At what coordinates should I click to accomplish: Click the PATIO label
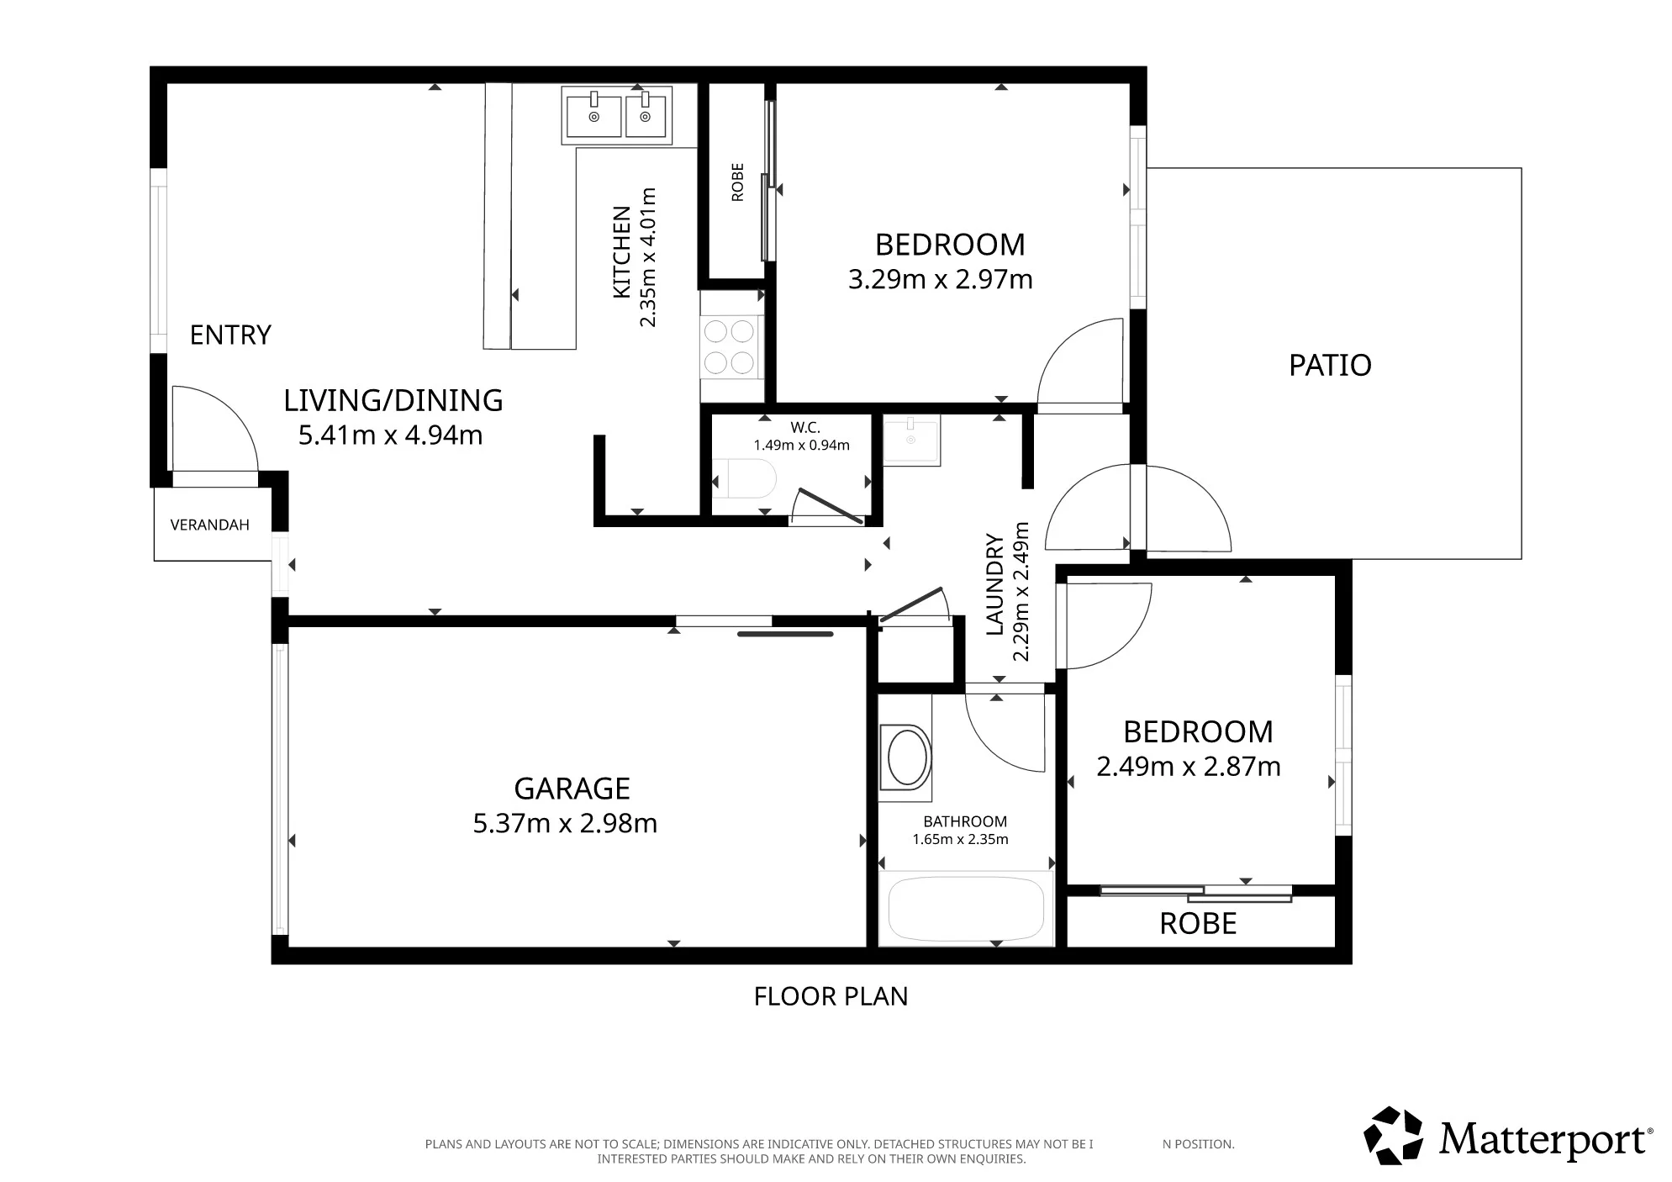coord(1330,365)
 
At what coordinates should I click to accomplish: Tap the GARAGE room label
coord(572,789)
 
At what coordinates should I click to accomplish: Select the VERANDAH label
coord(210,525)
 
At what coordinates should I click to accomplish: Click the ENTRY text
coord(230,335)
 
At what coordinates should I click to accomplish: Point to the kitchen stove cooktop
coord(730,346)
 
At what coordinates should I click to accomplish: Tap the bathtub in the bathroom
coord(966,909)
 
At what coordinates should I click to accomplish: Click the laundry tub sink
coord(911,440)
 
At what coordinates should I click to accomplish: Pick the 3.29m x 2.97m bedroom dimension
coord(940,279)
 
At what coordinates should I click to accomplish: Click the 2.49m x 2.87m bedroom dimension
coord(1189,767)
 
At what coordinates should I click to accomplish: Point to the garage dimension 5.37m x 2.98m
coord(565,823)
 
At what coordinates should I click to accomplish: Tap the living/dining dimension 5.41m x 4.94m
coord(391,435)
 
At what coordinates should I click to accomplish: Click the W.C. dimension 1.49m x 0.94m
coord(801,446)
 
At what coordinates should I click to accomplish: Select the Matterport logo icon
coord(1393,1136)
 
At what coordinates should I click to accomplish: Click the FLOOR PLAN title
coord(831,996)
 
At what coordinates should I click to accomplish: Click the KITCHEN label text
coord(622,252)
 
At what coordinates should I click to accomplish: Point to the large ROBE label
coord(1198,924)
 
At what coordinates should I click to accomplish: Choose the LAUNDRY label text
coord(995,584)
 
